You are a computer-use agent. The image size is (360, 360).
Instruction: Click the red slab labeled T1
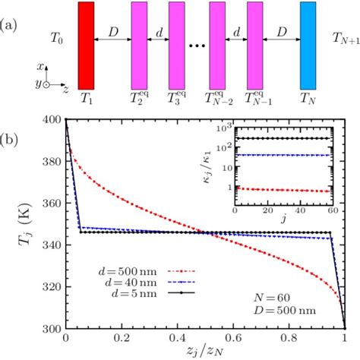[86, 44]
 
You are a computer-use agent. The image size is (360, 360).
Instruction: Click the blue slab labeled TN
[308, 44]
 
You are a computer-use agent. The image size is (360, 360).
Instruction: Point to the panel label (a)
[14, 8]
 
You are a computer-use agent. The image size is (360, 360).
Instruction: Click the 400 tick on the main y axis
[52, 119]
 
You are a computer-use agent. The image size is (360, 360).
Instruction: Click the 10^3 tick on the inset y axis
[227, 132]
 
